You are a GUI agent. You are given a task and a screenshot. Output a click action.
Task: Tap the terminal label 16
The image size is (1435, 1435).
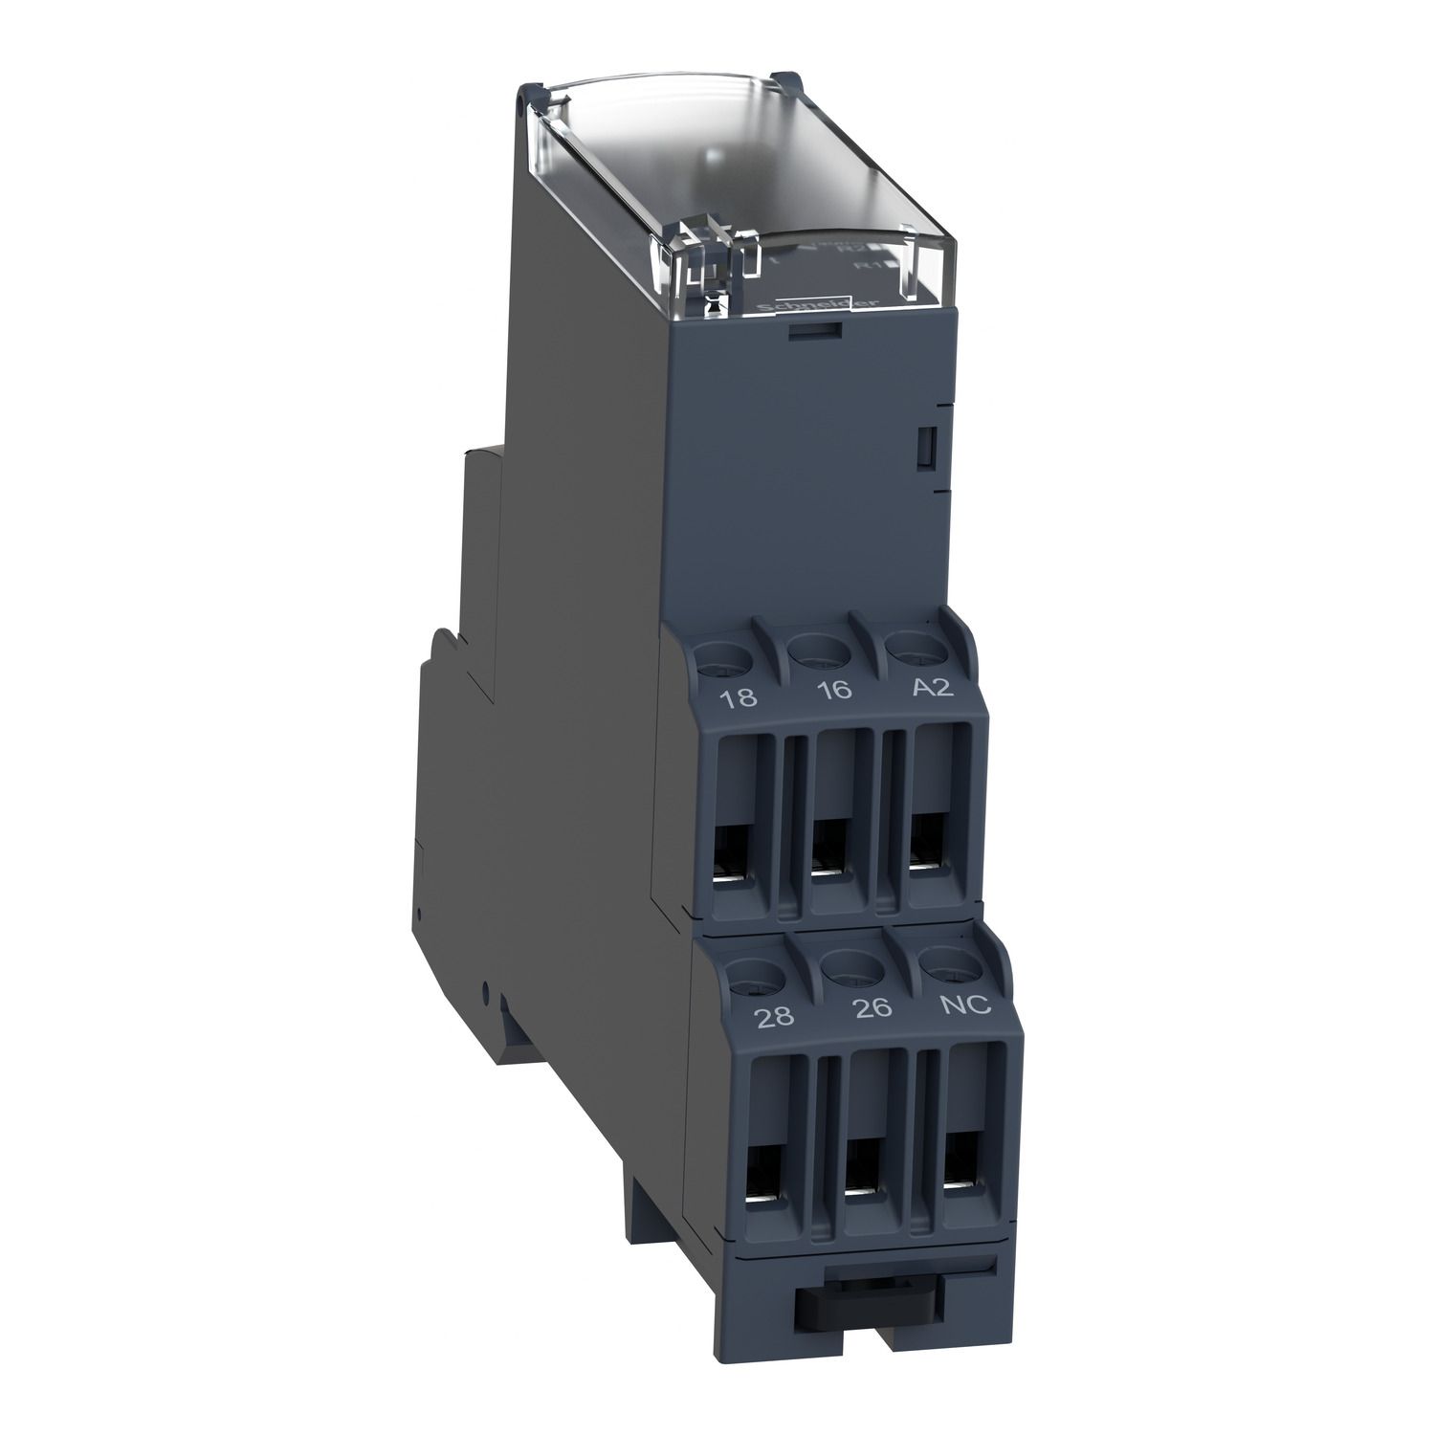835,690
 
